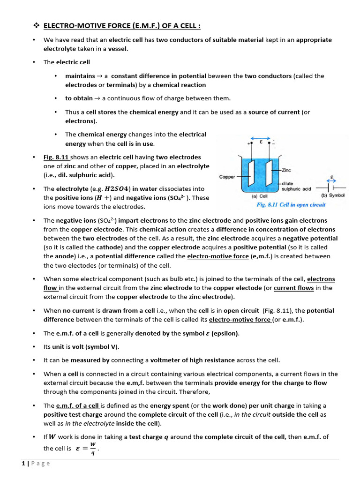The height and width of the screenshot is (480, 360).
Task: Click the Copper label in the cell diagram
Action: click(x=229, y=177)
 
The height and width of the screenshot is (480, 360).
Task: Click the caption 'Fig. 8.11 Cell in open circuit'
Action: click(x=291, y=205)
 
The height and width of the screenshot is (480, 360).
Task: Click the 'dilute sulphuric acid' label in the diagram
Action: click(x=296, y=186)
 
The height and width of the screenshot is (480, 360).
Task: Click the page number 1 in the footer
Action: click(x=23, y=464)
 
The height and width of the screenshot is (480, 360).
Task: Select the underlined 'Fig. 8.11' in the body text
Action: click(x=56, y=157)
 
